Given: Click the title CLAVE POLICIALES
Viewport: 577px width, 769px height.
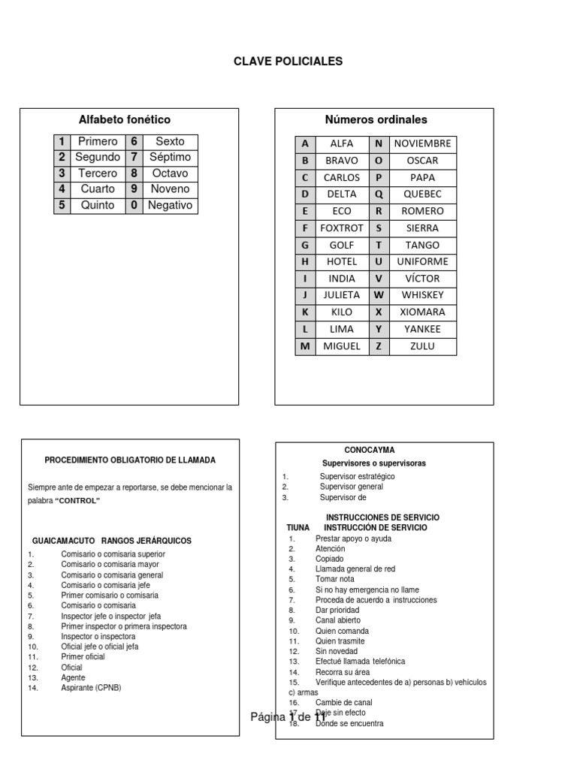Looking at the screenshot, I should [288, 62].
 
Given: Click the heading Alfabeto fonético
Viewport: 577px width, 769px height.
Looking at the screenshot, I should [125, 119].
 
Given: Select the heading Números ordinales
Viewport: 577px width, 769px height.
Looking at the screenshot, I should [376, 119].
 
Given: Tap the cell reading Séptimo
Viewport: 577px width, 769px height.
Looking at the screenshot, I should [170, 157].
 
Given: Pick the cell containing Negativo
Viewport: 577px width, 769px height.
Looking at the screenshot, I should [170, 205].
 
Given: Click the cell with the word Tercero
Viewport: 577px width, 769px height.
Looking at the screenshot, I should [98, 173].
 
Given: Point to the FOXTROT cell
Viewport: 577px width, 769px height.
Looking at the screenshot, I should [342, 228].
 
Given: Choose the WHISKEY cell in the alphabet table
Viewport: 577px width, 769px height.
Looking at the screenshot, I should [422, 295].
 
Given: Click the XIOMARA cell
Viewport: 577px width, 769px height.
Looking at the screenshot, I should [422, 312].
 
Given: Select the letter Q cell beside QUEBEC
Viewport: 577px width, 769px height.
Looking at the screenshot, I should [379, 194].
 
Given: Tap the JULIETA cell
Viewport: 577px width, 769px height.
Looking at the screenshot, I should [342, 295].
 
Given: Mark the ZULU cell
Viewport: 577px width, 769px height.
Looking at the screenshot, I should [422, 346].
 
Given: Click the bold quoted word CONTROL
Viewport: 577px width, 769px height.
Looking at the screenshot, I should [77, 501].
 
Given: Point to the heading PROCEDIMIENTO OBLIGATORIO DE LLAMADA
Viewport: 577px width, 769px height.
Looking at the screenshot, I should [130, 460].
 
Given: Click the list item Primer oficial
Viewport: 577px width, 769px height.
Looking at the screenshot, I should [83, 656].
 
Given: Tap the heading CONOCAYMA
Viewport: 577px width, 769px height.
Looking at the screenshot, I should [369, 450].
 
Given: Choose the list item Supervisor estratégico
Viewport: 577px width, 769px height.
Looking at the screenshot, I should [357, 476].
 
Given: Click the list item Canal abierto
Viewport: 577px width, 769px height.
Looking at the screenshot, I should [337, 620].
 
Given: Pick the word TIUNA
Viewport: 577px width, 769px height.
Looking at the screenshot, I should [298, 528].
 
